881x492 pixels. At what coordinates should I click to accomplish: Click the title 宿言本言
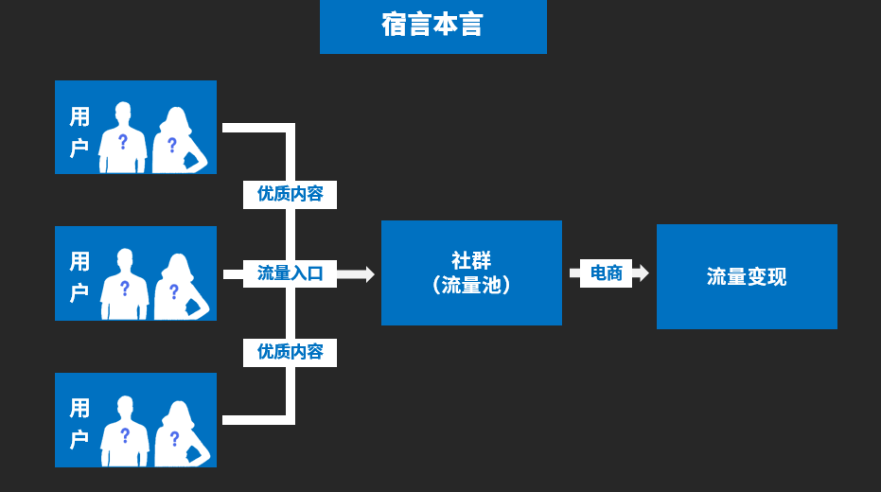point(432,26)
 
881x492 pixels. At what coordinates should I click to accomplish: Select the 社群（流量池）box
point(471,272)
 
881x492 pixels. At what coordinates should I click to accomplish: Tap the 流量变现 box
point(747,277)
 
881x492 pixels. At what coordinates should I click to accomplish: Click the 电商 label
point(606,273)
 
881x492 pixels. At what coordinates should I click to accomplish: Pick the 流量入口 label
point(290,273)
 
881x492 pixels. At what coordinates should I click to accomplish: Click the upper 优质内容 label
point(290,194)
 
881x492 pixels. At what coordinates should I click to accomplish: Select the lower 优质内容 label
point(290,352)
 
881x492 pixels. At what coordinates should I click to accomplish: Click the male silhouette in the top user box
point(123,139)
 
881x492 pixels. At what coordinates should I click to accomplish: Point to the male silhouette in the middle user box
point(124,286)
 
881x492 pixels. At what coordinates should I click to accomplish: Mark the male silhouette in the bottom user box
point(125,432)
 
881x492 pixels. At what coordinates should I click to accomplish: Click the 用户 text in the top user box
point(79,132)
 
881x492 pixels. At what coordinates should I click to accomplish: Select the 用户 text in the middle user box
point(79,277)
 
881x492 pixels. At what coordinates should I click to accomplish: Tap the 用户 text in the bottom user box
point(79,423)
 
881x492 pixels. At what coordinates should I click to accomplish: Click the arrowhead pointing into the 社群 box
point(368,273)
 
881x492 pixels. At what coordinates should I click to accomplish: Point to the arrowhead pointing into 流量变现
point(643,273)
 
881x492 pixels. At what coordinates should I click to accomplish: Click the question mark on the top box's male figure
point(122,142)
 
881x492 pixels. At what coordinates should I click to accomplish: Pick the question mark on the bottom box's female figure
point(174,438)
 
